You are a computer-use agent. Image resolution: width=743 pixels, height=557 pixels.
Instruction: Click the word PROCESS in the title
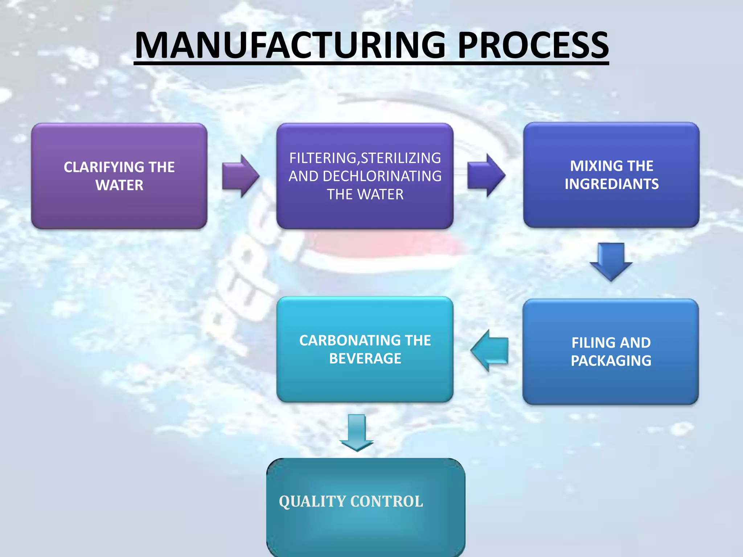pyautogui.click(x=533, y=45)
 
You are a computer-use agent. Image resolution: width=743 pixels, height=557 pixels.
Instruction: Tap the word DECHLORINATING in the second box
pyautogui.click(x=382, y=176)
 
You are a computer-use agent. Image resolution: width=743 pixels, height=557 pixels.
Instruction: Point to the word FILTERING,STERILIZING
pyautogui.click(x=365, y=158)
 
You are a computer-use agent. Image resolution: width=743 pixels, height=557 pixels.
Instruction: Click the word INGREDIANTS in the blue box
pyautogui.click(x=612, y=184)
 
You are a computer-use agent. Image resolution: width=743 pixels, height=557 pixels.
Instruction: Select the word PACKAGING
pyautogui.click(x=611, y=361)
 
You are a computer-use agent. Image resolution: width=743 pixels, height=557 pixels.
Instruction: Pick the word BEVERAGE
pyautogui.click(x=365, y=359)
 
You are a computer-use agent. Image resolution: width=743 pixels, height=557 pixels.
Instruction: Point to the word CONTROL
pyautogui.click(x=387, y=502)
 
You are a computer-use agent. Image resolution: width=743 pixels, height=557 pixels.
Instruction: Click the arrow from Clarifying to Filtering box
pyautogui.click(x=241, y=176)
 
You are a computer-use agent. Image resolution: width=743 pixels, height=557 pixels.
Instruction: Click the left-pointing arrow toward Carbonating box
pyautogui.click(x=490, y=351)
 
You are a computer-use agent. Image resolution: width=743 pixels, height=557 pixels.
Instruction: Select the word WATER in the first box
pyautogui.click(x=119, y=185)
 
